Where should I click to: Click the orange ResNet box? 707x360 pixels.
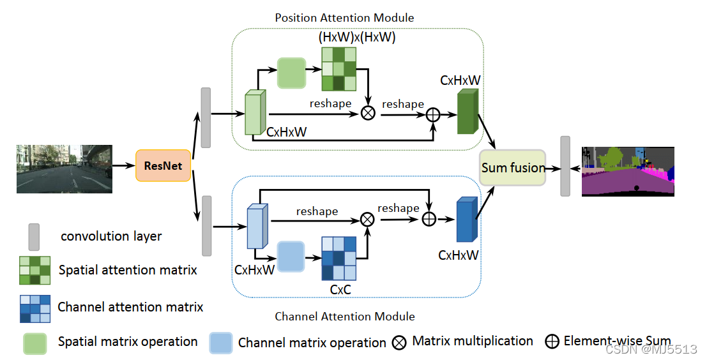(x=163, y=166)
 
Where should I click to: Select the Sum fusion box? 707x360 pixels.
(x=513, y=168)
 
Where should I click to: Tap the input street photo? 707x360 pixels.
(x=64, y=169)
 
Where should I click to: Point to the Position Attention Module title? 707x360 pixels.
(x=345, y=17)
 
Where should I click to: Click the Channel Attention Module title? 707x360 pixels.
(x=345, y=317)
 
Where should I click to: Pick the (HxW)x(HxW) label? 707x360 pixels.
(x=357, y=38)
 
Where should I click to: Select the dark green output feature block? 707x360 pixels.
(x=468, y=111)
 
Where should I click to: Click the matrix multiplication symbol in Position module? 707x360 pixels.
(x=368, y=113)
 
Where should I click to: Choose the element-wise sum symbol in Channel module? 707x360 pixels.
(x=429, y=218)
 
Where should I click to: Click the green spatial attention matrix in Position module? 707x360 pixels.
(x=338, y=68)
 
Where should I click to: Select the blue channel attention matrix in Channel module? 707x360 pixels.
(x=338, y=258)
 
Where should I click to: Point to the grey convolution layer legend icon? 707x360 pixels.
(x=34, y=236)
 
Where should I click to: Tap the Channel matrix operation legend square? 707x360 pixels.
(x=221, y=342)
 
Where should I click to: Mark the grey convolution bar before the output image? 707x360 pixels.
(x=565, y=166)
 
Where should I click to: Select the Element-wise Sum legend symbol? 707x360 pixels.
(x=552, y=341)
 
